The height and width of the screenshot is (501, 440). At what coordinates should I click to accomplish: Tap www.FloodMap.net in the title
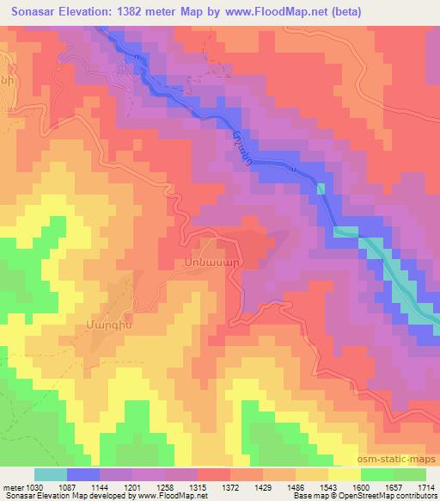(263, 13)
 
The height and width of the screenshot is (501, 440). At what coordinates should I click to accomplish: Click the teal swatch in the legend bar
(51, 474)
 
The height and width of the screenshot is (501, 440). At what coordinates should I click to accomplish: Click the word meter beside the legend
(11, 486)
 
